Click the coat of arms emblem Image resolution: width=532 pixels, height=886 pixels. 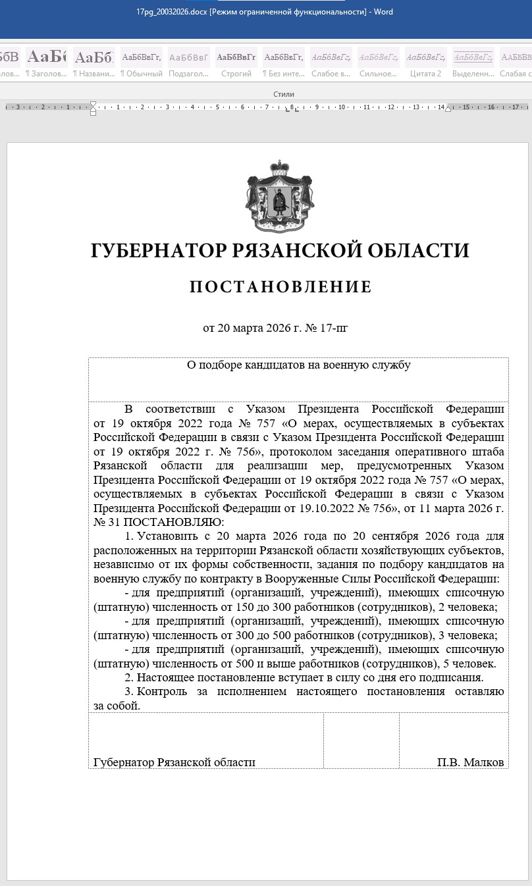(x=280, y=196)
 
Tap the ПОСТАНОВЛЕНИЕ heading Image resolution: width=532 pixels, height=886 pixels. (x=280, y=287)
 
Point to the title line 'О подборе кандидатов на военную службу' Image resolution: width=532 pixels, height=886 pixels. (x=298, y=365)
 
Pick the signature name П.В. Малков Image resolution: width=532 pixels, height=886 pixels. (x=470, y=762)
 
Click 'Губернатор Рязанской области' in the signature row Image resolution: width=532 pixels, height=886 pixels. (x=174, y=762)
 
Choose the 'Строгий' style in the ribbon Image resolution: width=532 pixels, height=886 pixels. (x=236, y=64)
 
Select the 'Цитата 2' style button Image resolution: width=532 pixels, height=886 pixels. (x=426, y=64)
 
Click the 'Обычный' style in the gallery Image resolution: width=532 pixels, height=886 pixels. (x=141, y=64)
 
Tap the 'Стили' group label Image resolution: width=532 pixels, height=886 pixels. (x=284, y=94)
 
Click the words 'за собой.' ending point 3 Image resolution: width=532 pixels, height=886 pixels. (x=117, y=706)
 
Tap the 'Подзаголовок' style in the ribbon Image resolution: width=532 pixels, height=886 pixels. (x=189, y=64)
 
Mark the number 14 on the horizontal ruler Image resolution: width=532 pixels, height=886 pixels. (x=440, y=107)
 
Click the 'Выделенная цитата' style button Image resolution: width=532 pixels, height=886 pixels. (x=473, y=64)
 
